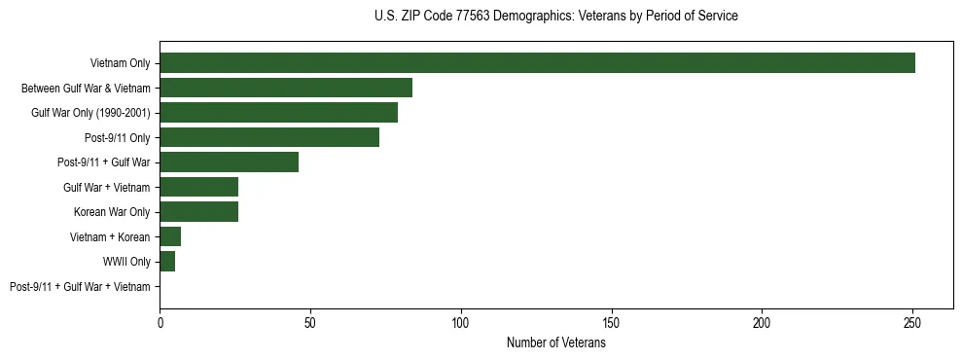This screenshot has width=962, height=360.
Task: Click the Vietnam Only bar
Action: click(x=537, y=63)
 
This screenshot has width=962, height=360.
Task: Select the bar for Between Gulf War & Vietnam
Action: click(x=286, y=88)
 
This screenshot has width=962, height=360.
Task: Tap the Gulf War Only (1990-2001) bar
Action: click(x=278, y=113)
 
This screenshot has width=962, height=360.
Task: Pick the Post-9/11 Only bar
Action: click(x=269, y=137)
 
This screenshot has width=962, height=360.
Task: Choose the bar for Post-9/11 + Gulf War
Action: click(x=229, y=162)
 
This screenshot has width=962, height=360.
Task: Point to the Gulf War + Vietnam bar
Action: click(x=198, y=187)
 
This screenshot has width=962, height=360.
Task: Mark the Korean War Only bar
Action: click(x=198, y=212)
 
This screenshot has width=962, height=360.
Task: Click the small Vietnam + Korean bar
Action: click(x=170, y=236)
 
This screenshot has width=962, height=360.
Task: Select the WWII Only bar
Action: click(x=167, y=262)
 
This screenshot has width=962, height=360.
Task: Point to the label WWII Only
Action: click(x=126, y=262)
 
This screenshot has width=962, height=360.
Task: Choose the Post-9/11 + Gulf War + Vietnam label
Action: click(x=80, y=287)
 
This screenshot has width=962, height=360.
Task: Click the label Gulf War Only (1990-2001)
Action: click(x=90, y=113)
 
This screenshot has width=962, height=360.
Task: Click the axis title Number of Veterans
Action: click(x=556, y=342)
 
